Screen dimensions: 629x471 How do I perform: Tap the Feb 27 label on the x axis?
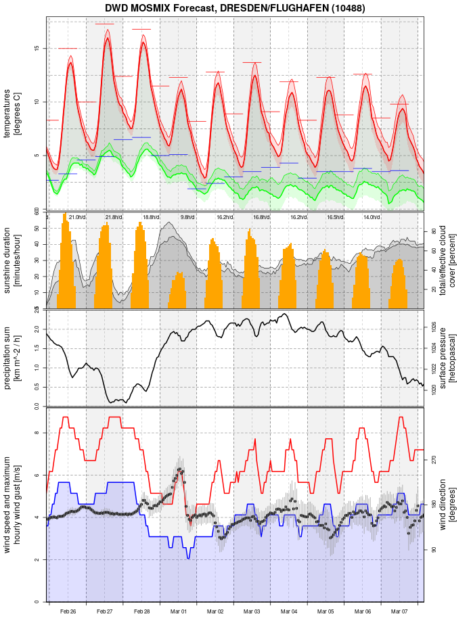click(x=105, y=611)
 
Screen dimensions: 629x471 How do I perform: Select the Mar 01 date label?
click(x=179, y=611)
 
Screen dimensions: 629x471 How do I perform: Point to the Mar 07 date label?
click(x=400, y=611)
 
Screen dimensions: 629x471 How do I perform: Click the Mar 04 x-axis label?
click(x=289, y=611)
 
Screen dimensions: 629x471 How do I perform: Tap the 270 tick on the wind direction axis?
click(x=433, y=459)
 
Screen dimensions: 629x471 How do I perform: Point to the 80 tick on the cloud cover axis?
click(x=433, y=231)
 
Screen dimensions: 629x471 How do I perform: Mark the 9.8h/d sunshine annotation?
click(x=187, y=217)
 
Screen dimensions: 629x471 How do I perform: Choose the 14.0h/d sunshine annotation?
click(x=370, y=217)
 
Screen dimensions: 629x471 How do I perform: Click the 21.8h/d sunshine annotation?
click(x=114, y=217)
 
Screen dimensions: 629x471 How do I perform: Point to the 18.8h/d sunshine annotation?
click(x=150, y=217)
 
